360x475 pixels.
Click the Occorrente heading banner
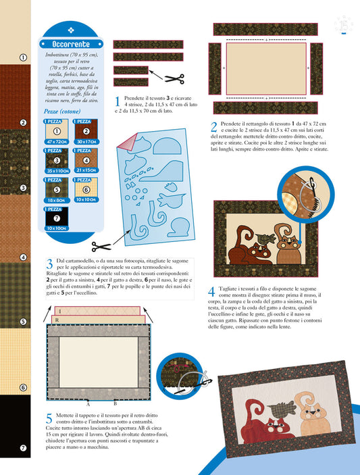click(71, 44)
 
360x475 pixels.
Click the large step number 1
click(118, 101)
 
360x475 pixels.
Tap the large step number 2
click(213, 127)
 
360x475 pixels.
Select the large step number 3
click(50, 264)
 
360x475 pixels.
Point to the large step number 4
click(211, 292)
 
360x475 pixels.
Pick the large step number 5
click(49, 418)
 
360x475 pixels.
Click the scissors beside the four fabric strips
click(174, 79)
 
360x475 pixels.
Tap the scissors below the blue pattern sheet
click(101, 247)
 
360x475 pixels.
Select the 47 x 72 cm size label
click(57, 142)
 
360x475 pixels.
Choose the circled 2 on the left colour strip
click(24, 123)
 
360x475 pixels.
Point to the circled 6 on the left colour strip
click(24, 387)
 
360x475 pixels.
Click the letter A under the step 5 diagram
click(88, 405)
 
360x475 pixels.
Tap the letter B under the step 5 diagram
click(115, 404)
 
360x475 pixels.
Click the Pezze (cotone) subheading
click(62, 111)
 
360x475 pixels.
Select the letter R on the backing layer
click(57, 320)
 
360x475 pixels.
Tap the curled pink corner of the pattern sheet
click(127, 142)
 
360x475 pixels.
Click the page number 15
click(344, 26)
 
